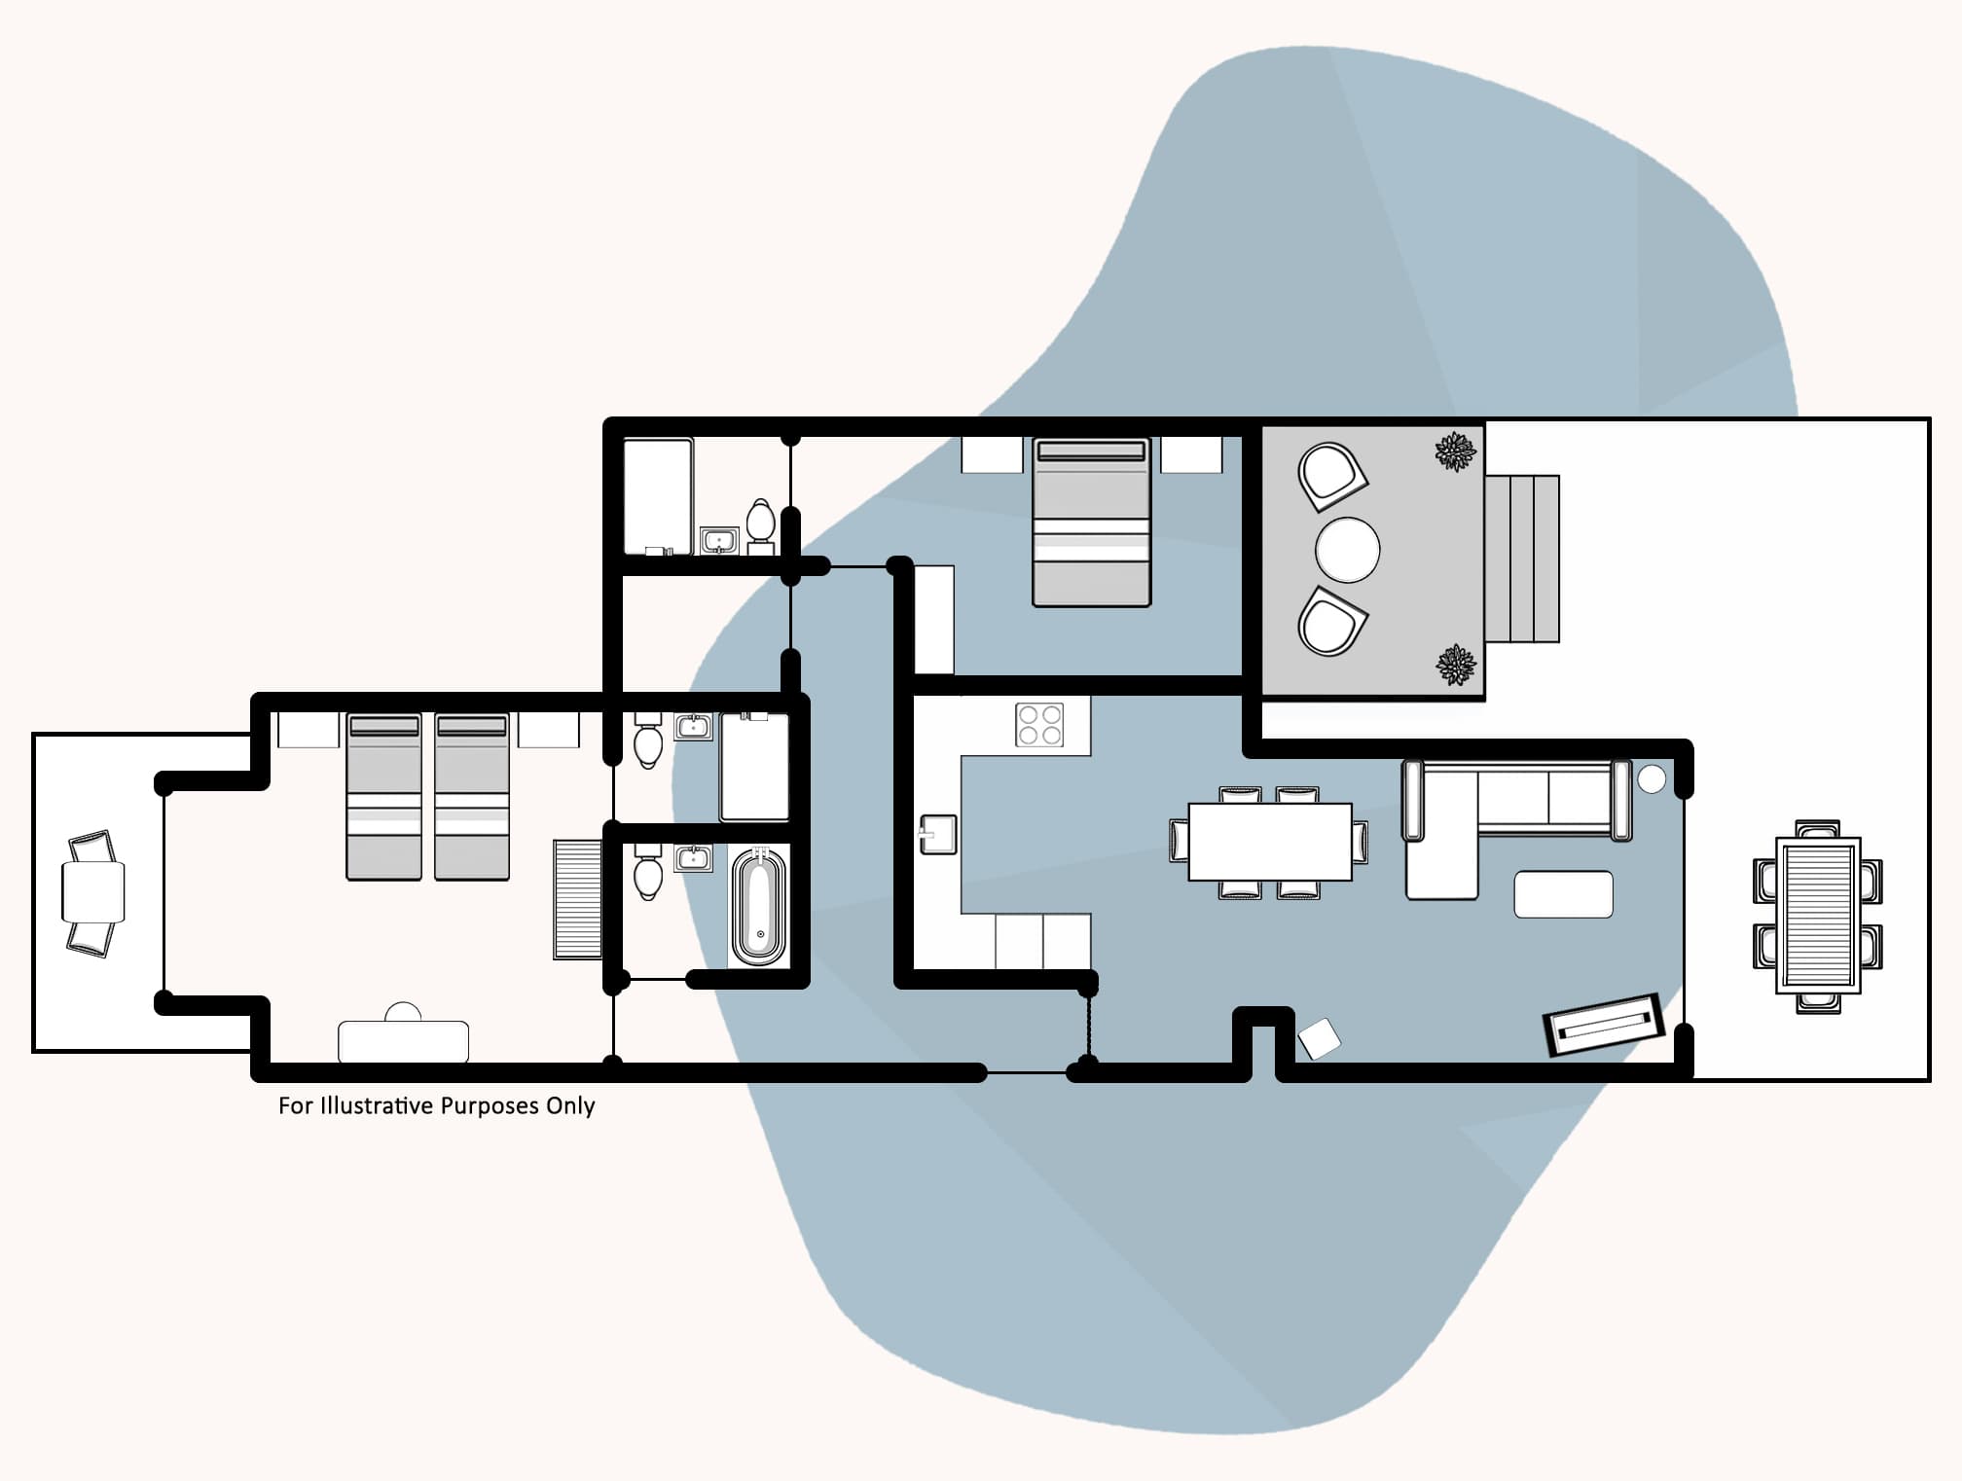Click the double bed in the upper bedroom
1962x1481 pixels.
click(1091, 523)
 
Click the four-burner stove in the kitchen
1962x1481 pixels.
click(1039, 725)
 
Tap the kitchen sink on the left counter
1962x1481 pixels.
click(938, 835)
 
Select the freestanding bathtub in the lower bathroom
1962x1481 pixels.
click(758, 906)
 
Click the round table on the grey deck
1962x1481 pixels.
click(1347, 550)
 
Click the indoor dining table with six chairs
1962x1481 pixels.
click(1270, 842)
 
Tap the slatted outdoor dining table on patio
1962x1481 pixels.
click(1818, 916)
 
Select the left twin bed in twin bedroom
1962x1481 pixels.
click(384, 797)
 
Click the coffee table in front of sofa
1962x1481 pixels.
click(1563, 894)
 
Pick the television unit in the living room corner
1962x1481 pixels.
click(1602, 1023)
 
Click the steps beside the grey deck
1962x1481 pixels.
click(1522, 559)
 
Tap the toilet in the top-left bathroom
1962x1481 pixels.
click(760, 522)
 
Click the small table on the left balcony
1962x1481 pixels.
click(93, 891)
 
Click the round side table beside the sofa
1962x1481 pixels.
click(1652, 778)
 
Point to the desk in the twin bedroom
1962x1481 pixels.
click(403, 1041)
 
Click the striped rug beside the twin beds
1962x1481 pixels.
click(578, 899)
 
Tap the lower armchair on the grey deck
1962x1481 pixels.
click(1330, 622)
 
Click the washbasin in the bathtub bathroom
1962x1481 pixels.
click(693, 858)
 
